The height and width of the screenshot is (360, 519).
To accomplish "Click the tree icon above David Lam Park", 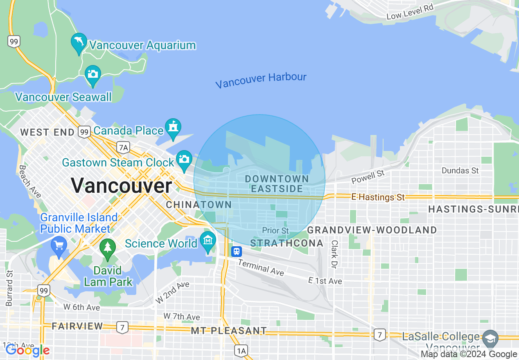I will pos(108,248).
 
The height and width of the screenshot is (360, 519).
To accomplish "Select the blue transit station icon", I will pos(236,251).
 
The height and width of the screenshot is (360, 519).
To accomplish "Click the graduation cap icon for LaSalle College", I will pos(490,338).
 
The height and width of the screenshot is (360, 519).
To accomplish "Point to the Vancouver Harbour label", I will pos(261,80).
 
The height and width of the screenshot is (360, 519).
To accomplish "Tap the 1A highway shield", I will pos(241,351).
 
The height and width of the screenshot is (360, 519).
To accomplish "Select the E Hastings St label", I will pos(378,197).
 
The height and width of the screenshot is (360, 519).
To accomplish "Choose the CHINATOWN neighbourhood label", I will pos(199,205).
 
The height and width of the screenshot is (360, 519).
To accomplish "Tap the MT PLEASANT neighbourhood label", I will pos(229,331).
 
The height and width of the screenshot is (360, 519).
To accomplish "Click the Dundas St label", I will pos(460,170).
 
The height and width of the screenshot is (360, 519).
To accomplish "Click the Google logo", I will pos(27,351).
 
